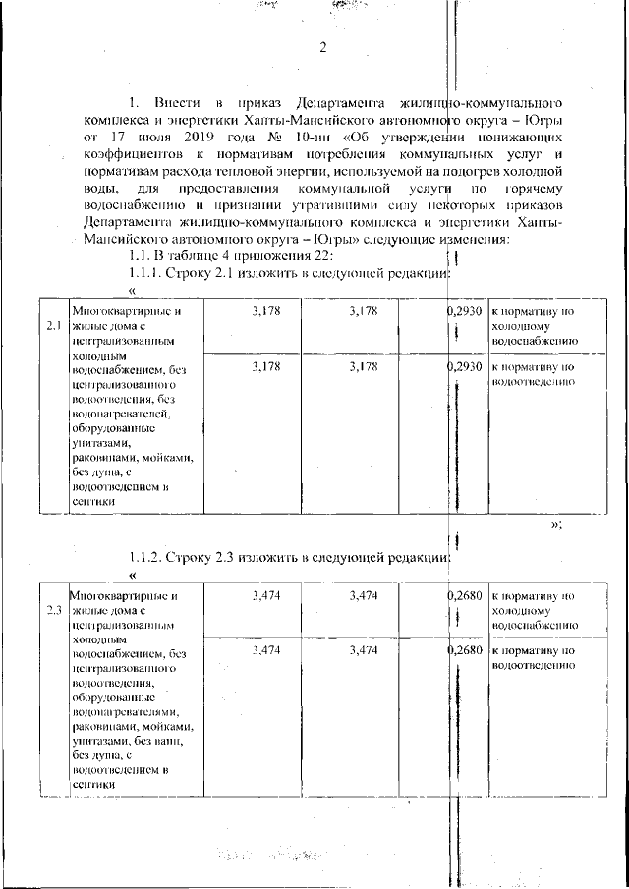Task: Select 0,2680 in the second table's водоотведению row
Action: pos(463,651)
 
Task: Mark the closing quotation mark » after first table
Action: pos(555,524)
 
